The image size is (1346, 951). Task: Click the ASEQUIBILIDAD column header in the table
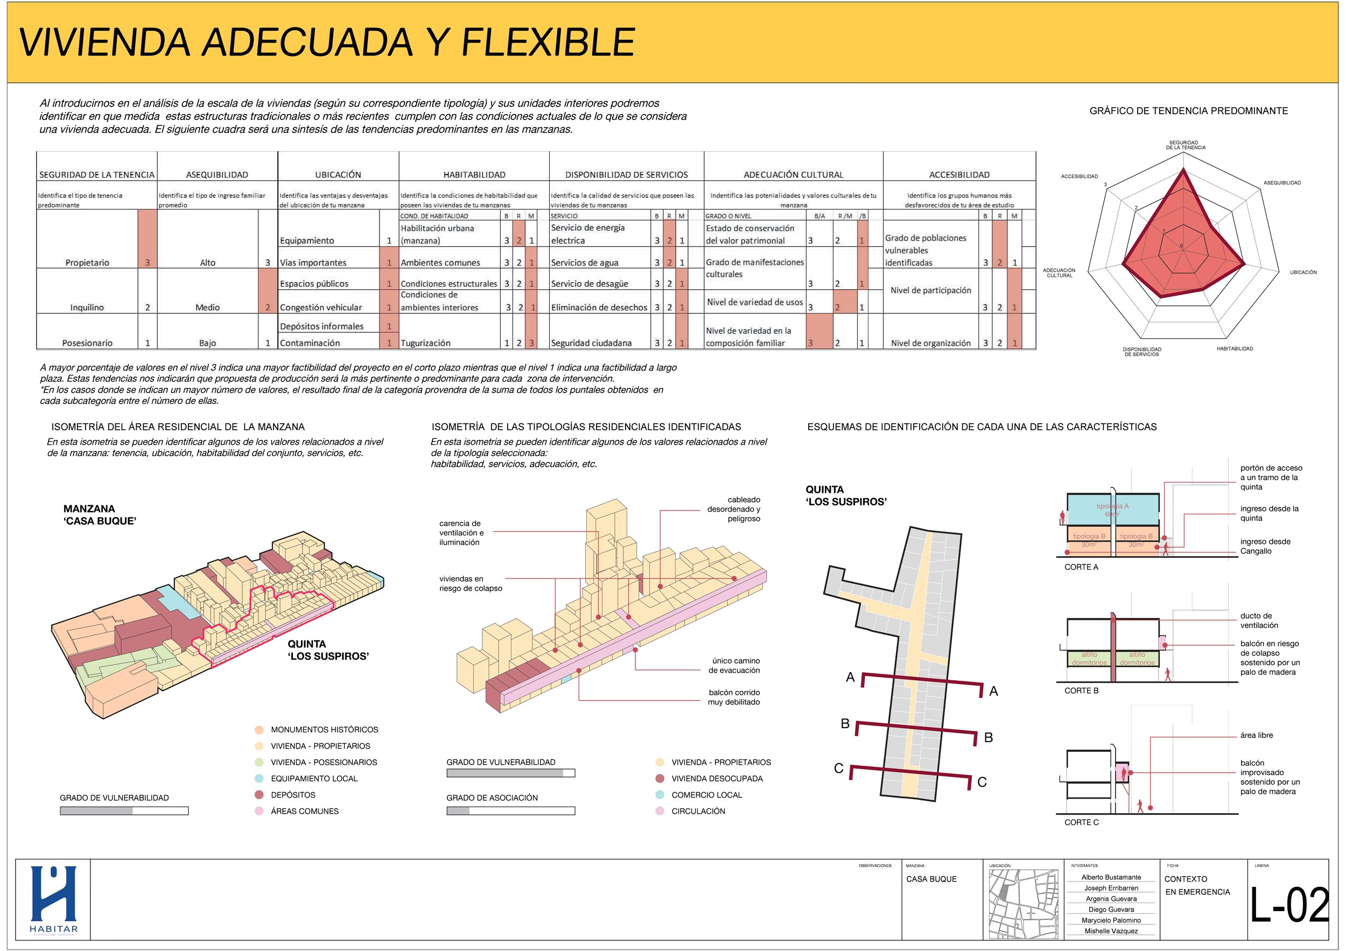coord(217,174)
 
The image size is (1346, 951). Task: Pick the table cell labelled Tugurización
coord(426,343)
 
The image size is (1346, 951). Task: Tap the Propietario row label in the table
coord(87,263)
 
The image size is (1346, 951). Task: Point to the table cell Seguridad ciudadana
coord(591,343)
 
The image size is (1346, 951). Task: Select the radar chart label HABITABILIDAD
coord(1235,349)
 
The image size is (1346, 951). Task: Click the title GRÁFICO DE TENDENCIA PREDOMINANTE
coord(1188,111)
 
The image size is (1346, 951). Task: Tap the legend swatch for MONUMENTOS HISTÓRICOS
coord(259,730)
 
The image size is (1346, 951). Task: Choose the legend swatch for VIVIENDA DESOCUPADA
coord(660,779)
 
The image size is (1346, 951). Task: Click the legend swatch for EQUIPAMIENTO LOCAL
coord(259,779)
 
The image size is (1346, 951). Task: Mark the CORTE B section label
coord(1082,691)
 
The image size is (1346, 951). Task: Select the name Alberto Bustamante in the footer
coord(1111,877)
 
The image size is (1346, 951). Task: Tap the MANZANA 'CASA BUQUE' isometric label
coord(100,515)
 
